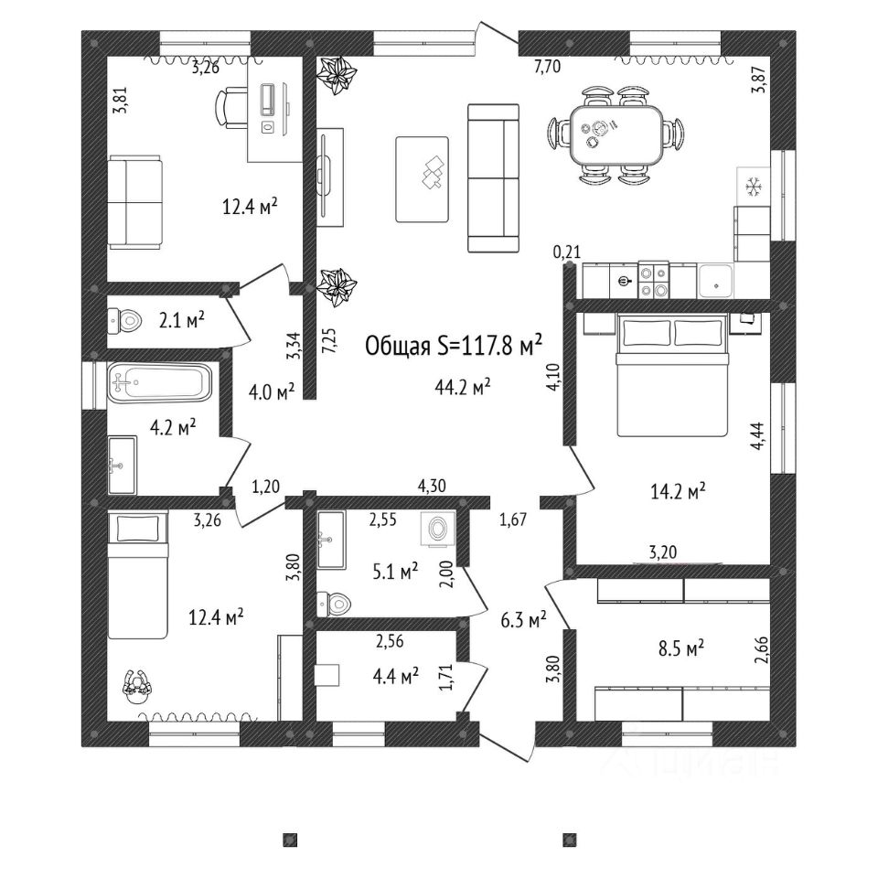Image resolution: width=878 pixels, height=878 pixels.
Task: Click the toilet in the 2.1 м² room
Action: [x=125, y=320]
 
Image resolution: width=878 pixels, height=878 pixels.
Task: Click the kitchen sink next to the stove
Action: [x=715, y=280]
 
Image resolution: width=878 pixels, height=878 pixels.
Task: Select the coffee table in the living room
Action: [x=422, y=178]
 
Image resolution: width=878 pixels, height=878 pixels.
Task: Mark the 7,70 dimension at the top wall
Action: [x=546, y=67]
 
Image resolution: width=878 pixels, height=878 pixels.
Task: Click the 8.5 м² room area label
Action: [x=680, y=648]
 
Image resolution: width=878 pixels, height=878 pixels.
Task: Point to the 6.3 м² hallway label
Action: [x=524, y=620]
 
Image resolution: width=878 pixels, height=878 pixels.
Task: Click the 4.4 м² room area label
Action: [x=396, y=676]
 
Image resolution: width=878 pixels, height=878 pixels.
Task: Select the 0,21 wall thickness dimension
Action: [x=568, y=251]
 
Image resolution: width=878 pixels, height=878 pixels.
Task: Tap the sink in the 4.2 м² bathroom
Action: [x=122, y=466]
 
